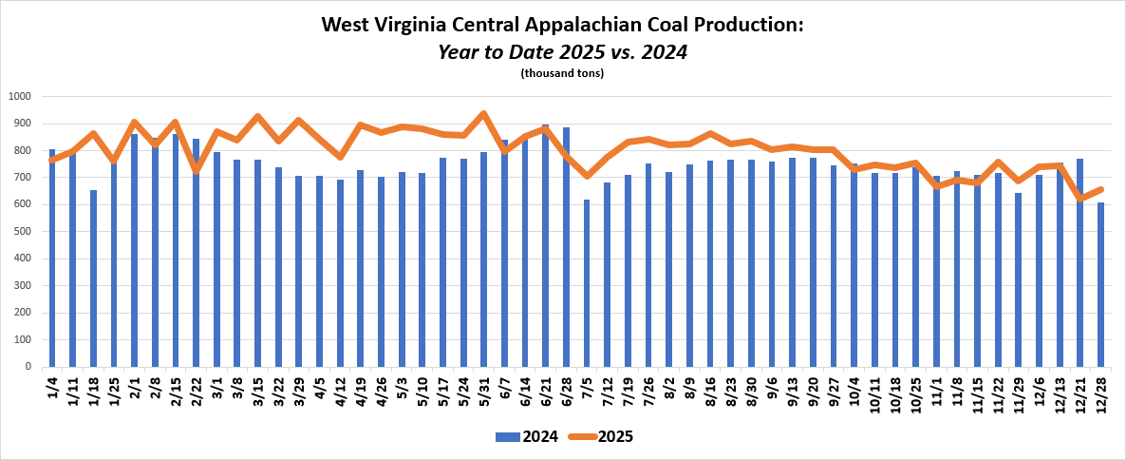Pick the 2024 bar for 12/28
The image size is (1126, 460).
(x=1100, y=284)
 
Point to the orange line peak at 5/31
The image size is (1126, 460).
(x=483, y=114)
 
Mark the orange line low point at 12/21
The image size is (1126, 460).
(x=1079, y=199)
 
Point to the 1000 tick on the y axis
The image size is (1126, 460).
(x=20, y=96)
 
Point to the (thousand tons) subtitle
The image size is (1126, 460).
(x=562, y=73)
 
